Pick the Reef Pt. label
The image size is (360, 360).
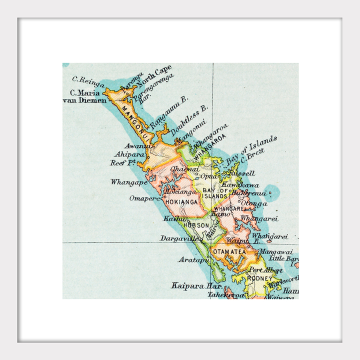(x=123, y=162)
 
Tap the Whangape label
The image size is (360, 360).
(x=129, y=182)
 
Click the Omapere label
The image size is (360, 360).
(x=144, y=198)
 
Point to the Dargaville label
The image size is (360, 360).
(x=181, y=238)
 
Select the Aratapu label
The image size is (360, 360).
(x=193, y=259)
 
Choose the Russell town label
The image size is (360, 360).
(x=243, y=173)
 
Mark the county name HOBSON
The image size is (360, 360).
(x=196, y=225)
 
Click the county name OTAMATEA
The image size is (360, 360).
(x=229, y=252)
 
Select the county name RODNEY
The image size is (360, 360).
(x=260, y=278)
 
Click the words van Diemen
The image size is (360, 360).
(x=84, y=100)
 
